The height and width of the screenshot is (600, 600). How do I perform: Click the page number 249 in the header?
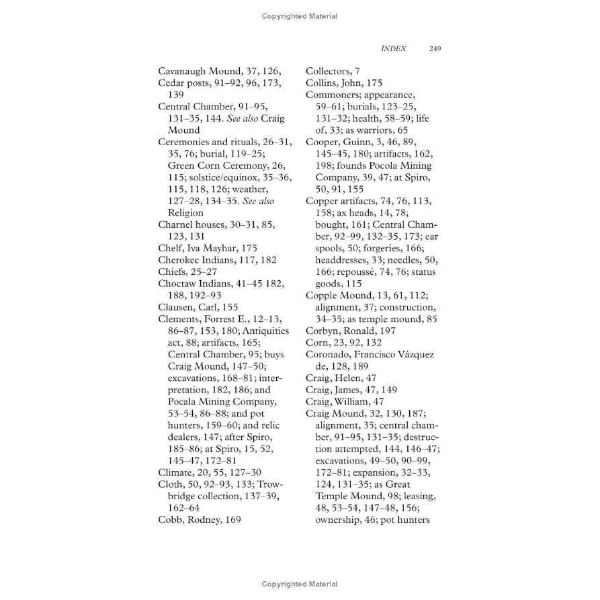pyautogui.click(x=435, y=48)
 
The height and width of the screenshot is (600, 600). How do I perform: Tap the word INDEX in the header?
pyautogui.click(x=393, y=48)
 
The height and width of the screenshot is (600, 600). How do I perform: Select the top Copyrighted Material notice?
pyautogui.click(x=300, y=16)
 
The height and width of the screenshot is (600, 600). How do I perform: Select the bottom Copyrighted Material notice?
pyautogui.click(x=300, y=585)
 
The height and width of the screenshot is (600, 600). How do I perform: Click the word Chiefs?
pyautogui.click(x=173, y=271)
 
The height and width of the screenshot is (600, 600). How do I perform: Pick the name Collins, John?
pyautogui.click(x=335, y=83)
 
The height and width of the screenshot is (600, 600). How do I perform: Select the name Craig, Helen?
pyautogui.click(x=333, y=378)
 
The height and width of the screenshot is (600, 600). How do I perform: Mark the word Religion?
pyautogui.click(x=185, y=213)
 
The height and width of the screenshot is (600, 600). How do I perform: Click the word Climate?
pyautogui.click(x=176, y=472)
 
